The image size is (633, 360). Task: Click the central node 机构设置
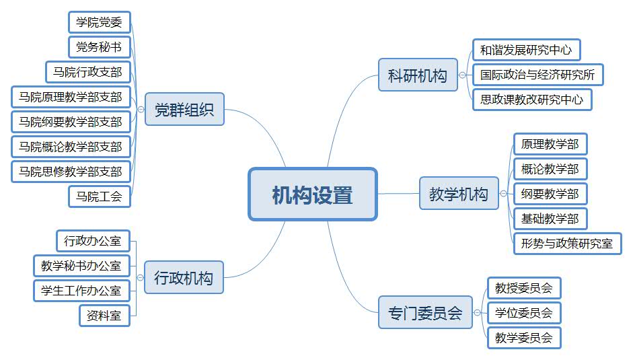(x=313, y=194)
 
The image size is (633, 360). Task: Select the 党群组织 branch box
(x=184, y=110)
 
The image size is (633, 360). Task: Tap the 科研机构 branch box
(x=417, y=75)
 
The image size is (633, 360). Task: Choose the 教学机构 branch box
(x=459, y=194)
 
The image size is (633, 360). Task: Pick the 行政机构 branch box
(x=184, y=277)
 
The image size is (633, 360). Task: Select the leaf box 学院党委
(x=99, y=22)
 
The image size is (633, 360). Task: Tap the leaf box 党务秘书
(x=99, y=47)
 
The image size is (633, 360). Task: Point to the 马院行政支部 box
(x=87, y=72)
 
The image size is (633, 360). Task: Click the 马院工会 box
(x=99, y=196)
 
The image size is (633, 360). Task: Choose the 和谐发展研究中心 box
(x=526, y=50)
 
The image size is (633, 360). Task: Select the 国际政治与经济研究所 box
(x=537, y=75)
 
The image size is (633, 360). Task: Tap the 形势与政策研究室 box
(x=567, y=244)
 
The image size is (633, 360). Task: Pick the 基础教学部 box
(x=550, y=219)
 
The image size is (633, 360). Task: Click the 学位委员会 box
(x=523, y=313)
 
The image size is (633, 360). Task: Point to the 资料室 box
(x=104, y=315)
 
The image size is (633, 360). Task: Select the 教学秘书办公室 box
(x=81, y=266)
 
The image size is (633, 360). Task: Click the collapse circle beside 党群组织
(x=140, y=110)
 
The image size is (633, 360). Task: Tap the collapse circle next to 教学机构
(x=503, y=194)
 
